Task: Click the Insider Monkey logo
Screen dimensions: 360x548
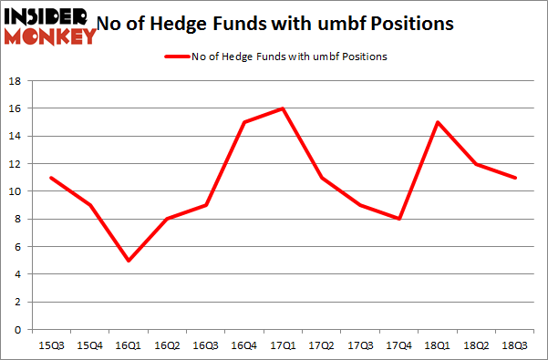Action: click(49, 25)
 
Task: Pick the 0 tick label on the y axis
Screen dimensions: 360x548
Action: click(17, 330)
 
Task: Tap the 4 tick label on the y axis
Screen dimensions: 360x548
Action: click(17, 274)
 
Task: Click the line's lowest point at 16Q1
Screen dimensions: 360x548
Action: click(129, 260)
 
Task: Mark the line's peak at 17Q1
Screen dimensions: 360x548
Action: click(284, 108)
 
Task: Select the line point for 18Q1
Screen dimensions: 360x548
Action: click(439, 122)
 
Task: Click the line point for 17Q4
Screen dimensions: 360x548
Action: click(400, 219)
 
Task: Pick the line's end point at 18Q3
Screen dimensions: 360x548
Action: click(516, 177)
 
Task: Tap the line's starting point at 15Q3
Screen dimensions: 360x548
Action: click(51, 177)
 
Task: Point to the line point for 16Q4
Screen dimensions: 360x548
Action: click(245, 122)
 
